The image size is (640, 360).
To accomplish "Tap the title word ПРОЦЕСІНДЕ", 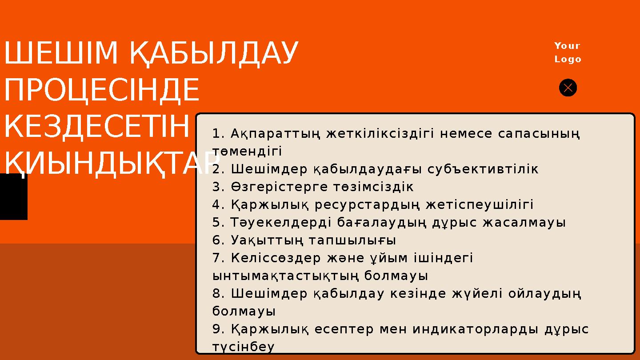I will click(102, 90).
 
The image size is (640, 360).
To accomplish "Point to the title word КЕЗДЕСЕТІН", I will click(96, 127).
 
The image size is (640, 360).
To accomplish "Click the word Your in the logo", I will click(568, 46).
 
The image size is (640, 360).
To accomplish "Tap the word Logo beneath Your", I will click(568, 59).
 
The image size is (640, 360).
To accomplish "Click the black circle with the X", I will click(568, 88).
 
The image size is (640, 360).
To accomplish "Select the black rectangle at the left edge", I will click(13, 196).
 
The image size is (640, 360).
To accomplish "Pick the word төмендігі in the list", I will click(247, 151).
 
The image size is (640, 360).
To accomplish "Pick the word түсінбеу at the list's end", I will click(244, 347).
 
